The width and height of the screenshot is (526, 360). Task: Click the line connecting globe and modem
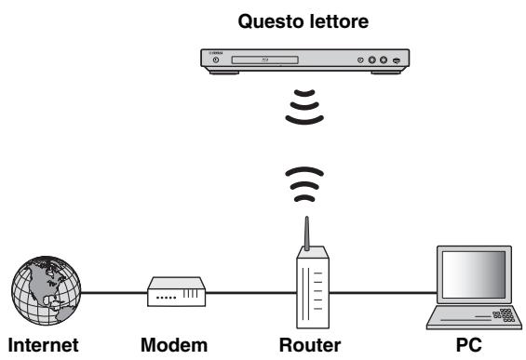(x=113, y=295)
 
